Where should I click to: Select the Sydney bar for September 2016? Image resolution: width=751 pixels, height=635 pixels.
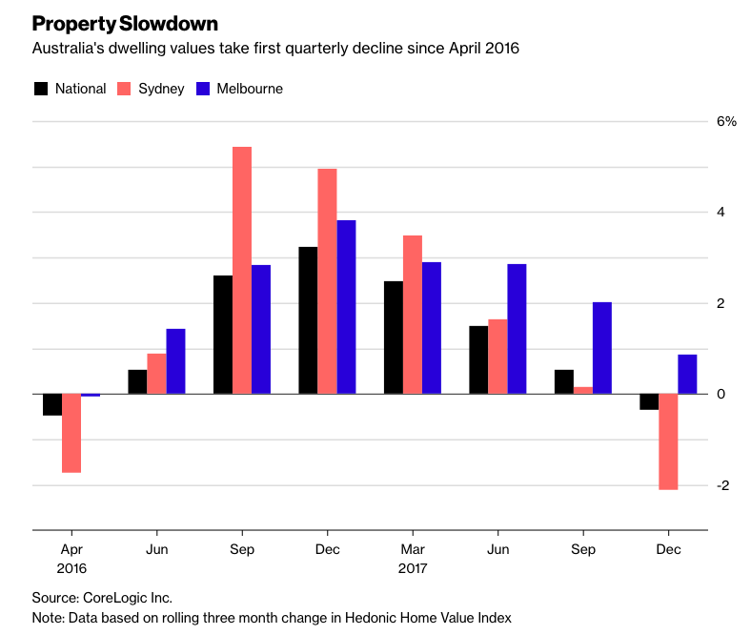pos(242,270)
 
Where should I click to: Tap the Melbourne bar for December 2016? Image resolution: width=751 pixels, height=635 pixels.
pos(347,307)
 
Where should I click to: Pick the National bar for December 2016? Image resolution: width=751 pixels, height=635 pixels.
pos(308,320)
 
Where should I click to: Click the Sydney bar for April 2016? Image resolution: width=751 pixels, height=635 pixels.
pos(71,433)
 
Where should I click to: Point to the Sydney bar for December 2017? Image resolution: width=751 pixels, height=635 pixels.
pos(668,441)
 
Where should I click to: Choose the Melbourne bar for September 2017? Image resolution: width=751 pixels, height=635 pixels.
pos(602,348)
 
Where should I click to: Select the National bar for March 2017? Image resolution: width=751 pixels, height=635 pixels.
pos(393,338)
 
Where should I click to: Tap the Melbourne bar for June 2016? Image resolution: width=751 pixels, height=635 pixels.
pos(176,361)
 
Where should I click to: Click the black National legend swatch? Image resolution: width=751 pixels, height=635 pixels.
pos(41,89)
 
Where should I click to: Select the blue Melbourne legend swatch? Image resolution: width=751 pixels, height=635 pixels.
pos(202,89)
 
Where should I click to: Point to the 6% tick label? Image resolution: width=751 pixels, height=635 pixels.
pos(727,121)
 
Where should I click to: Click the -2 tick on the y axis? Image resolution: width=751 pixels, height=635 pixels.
pos(723,486)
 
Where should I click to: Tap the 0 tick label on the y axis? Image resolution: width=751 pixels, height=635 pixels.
pos(721,395)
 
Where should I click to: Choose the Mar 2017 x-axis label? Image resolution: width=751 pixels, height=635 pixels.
pos(413,559)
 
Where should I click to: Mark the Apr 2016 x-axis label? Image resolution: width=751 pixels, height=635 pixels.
pos(71,559)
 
